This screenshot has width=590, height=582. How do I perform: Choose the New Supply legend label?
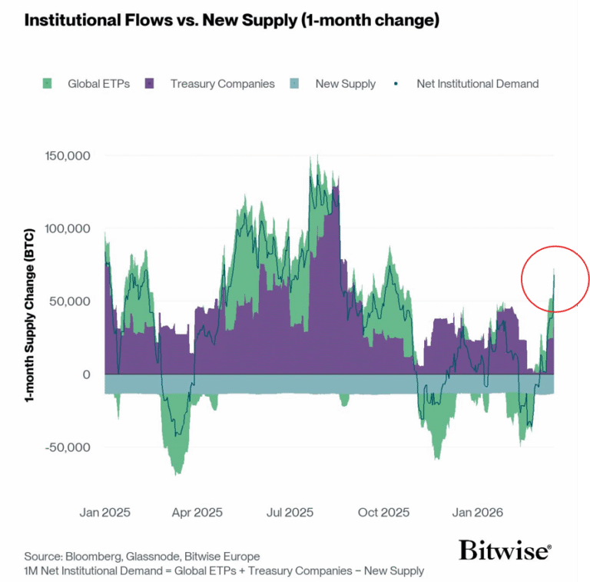(x=345, y=84)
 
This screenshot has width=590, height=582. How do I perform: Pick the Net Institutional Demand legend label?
(x=477, y=84)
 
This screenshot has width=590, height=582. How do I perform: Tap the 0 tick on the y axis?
(x=87, y=374)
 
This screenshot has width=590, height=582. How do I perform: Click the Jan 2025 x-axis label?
(x=104, y=512)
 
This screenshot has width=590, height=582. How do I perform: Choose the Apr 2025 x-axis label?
(x=197, y=512)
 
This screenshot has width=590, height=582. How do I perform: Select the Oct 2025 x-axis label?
(x=383, y=512)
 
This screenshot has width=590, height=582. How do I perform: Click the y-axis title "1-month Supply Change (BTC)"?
(x=31, y=316)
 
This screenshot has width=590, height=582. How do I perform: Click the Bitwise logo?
(x=504, y=550)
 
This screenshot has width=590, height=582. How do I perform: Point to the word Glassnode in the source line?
(x=149, y=557)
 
